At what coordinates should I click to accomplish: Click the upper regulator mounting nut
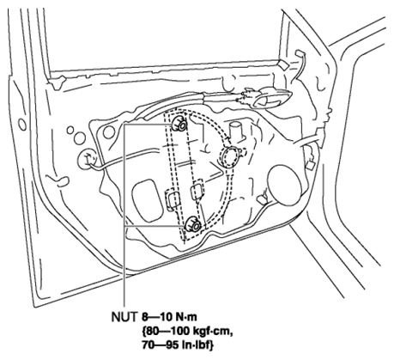click(179, 125)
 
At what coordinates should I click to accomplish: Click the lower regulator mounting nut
click(193, 223)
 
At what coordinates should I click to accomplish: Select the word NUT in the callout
click(124, 317)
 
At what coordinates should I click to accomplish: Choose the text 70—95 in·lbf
click(178, 345)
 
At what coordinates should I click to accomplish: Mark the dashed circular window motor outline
click(229, 156)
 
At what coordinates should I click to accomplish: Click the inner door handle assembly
click(264, 98)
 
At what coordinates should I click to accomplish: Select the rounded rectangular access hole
click(147, 200)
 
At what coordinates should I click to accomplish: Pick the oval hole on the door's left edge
click(22, 125)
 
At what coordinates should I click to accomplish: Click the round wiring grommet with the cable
click(88, 159)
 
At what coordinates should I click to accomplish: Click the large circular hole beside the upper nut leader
click(109, 132)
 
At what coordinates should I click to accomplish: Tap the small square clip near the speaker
click(310, 166)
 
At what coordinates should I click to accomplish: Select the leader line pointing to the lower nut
click(155, 226)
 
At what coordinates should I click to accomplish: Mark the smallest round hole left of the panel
click(70, 131)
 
